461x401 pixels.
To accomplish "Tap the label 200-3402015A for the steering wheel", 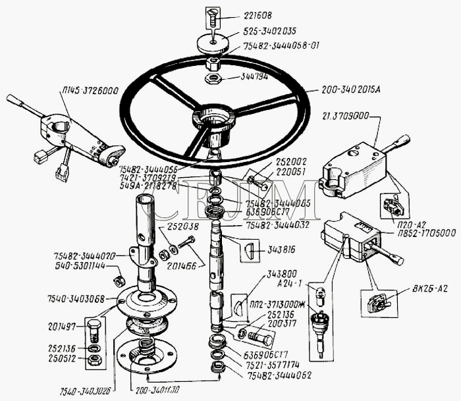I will click(356, 91).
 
